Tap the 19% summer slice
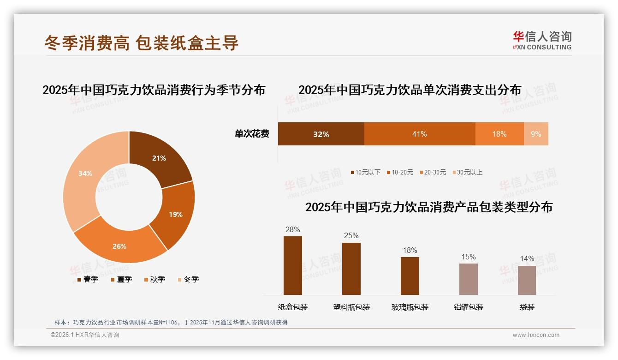tap(175, 214)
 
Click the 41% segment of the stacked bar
tap(419, 134)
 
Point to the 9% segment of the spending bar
tap(536, 134)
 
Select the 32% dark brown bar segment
tap(321, 134)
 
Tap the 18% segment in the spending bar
tap(499, 134)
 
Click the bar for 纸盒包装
tap(292, 265)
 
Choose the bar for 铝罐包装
tap(468, 279)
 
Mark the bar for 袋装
tap(527, 280)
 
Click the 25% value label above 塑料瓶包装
tap(351, 236)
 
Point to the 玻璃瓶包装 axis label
tap(410, 307)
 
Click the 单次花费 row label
tap(252, 134)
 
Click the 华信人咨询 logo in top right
tap(542, 40)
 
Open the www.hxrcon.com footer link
tap(536, 335)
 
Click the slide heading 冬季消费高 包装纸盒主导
tap(141, 43)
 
